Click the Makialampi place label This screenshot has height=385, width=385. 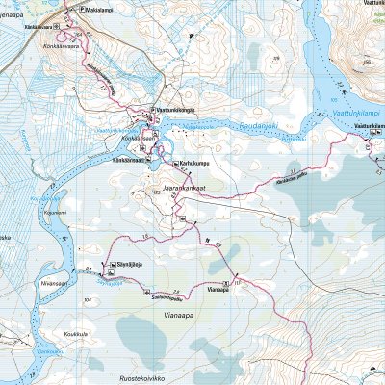click(x=99, y=11)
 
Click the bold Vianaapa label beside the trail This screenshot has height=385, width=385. click(x=218, y=288)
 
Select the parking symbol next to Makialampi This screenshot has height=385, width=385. click(x=81, y=11)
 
